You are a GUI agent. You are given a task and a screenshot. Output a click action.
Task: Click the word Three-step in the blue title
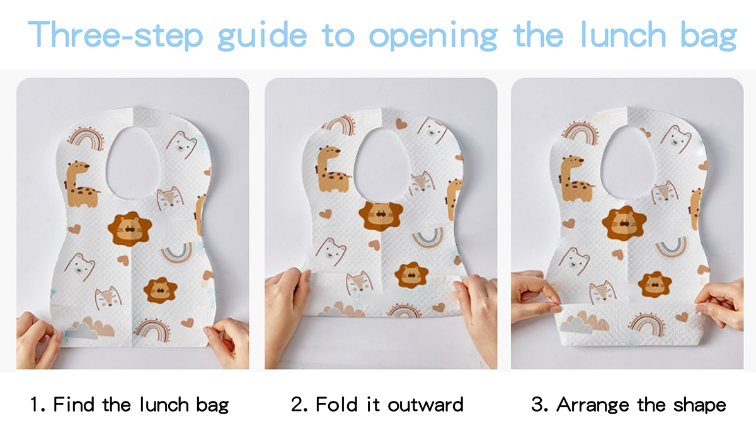115,35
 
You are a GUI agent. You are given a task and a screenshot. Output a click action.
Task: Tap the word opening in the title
433,36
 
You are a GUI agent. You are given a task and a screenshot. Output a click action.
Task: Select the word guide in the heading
262,36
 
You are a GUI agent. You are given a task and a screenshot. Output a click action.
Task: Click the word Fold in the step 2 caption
336,404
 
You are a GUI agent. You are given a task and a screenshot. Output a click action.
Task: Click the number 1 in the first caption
34,404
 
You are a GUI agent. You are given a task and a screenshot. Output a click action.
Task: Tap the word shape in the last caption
700,406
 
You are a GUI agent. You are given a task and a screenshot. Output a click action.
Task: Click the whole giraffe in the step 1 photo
81,184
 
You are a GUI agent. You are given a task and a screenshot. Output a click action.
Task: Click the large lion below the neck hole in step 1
130,229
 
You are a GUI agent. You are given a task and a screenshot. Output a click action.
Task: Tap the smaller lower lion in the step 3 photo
655,284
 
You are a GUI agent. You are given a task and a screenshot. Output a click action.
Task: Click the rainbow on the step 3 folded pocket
647,324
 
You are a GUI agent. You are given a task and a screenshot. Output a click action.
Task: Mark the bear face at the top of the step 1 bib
181,144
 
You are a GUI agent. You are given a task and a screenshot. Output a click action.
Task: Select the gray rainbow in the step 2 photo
428,237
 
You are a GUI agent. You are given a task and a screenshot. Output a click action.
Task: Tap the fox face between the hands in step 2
360,282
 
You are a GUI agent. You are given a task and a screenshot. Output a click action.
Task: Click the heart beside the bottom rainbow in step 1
187,323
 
